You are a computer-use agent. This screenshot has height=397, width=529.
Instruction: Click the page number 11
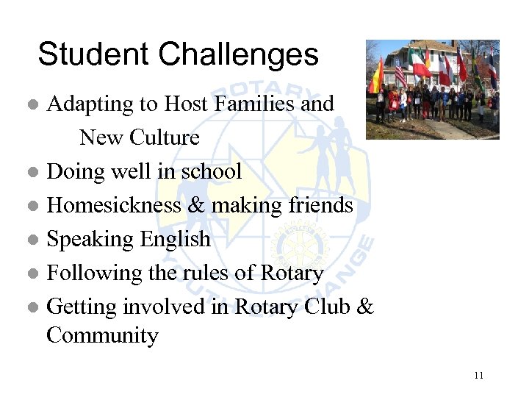click(x=479, y=376)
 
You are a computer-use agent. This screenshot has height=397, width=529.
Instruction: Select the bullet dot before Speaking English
click(x=32, y=240)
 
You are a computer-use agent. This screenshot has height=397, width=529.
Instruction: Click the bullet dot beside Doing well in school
click(x=32, y=173)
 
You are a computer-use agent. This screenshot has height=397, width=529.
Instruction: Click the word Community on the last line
click(x=102, y=336)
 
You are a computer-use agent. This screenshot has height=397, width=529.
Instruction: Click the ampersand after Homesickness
click(x=195, y=205)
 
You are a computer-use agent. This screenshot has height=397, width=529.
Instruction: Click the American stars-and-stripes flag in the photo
click(x=400, y=71)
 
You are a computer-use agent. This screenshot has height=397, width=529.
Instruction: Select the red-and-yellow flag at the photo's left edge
click(x=377, y=76)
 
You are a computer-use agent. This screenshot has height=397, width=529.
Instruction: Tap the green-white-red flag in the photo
click(x=421, y=65)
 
